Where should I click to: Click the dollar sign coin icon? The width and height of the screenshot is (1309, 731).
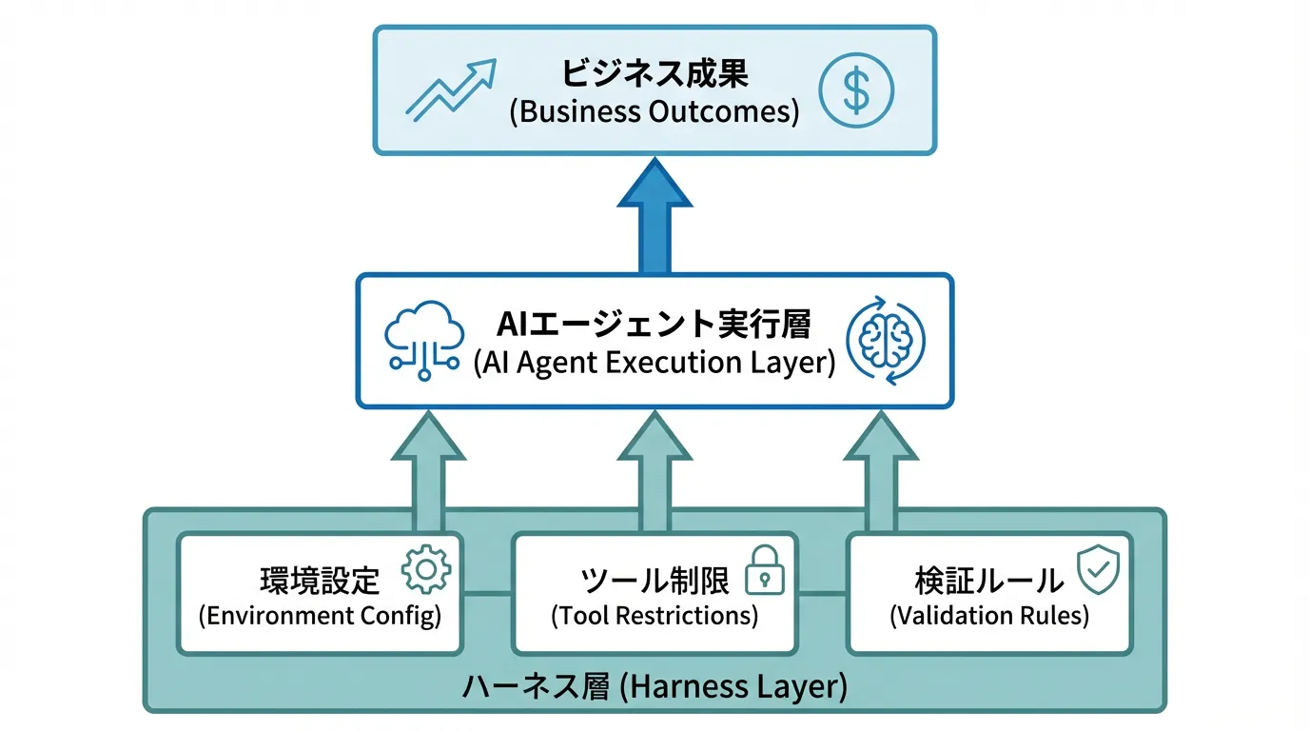[x=856, y=91]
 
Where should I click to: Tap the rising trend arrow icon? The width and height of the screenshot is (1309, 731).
[x=450, y=90]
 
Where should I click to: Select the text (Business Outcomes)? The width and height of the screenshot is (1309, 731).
[x=654, y=111]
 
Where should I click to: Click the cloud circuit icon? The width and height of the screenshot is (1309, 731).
[x=424, y=342]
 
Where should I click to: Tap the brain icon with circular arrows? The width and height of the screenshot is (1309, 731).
[x=885, y=342]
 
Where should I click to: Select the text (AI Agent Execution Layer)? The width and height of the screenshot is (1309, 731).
[x=654, y=363]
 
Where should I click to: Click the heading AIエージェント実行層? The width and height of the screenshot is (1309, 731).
[x=654, y=325]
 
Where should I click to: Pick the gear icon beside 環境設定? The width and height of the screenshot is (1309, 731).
[x=426, y=570]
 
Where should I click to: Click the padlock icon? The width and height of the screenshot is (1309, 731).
[x=764, y=570]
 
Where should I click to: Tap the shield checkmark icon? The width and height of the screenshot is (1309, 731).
[x=1098, y=570]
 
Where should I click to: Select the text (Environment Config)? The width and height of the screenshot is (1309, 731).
[x=321, y=615]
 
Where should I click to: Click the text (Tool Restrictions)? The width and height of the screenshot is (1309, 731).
[x=654, y=615]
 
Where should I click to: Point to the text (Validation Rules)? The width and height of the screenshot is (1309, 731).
[x=989, y=615]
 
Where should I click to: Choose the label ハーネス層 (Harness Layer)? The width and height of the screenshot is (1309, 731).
[x=654, y=686]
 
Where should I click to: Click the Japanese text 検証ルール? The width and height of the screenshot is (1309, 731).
[x=989, y=580]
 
